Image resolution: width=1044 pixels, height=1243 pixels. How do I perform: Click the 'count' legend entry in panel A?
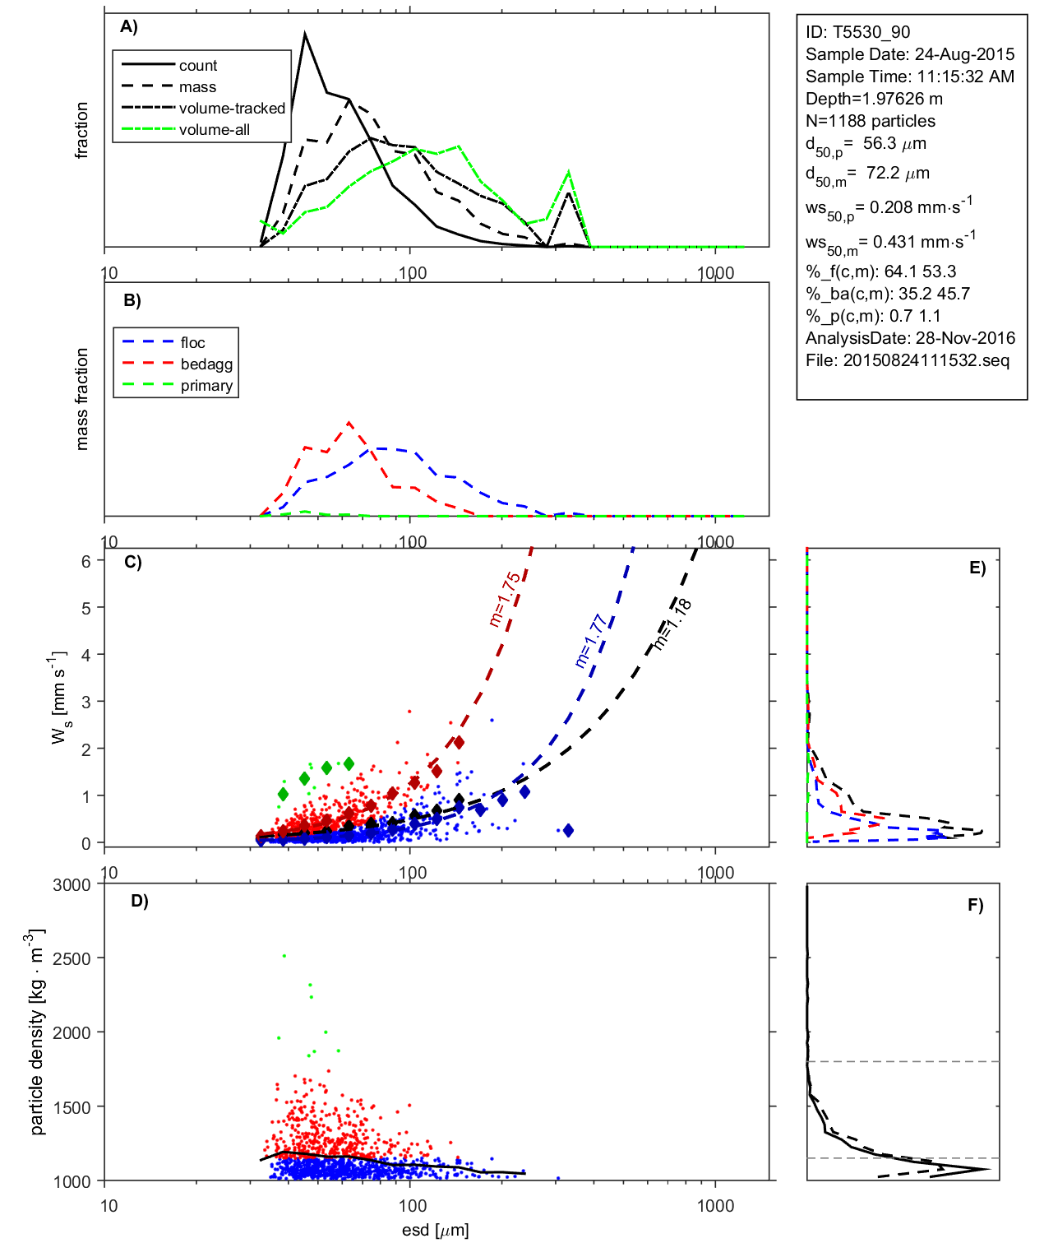tap(197, 66)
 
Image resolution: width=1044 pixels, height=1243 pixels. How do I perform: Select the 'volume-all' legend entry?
tap(214, 130)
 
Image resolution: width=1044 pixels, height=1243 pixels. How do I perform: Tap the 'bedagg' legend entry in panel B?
tap(206, 364)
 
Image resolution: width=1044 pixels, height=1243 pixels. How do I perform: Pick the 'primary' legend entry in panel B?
tap(206, 386)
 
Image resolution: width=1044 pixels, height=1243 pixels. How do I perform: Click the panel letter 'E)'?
tap(977, 568)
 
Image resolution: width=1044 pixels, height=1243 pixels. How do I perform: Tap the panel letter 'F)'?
tap(975, 905)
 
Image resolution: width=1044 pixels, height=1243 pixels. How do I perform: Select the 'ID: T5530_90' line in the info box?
tap(857, 32)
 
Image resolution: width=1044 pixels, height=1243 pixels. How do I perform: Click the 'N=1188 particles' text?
tap(870, 121)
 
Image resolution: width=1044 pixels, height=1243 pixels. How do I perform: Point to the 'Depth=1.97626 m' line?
tap(874, 99)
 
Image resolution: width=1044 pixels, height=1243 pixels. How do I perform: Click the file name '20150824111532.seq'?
tap(926, 360)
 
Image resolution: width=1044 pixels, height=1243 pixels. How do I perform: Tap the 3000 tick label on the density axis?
tap(72, 885)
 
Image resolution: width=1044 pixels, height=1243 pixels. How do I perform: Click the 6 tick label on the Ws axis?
tap(86, 561)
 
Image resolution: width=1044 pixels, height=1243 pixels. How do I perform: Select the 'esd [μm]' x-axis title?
tap(435, 1230)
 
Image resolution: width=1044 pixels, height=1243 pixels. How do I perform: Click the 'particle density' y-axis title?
tap(37, 1032)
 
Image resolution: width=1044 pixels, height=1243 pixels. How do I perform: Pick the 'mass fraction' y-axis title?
tap(81, 399)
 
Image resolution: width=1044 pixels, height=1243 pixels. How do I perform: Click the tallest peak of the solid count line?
tap(305, 35)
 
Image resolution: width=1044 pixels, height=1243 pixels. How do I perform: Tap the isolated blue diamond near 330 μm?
tap(567, 831)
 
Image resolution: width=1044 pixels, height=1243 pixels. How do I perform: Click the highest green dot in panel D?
tap(284, 956)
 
